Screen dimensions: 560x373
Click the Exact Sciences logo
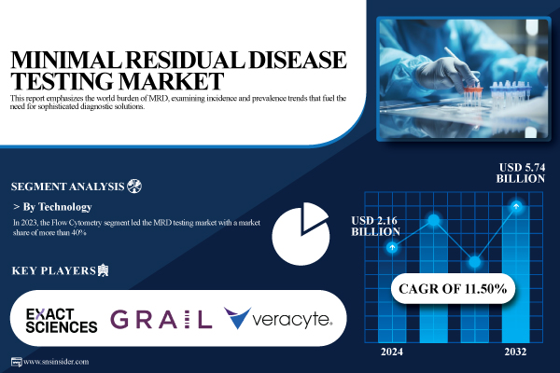[x=62, y=321]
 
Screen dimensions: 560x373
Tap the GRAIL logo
[x=161, y=319]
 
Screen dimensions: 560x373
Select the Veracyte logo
[x=278, y=318]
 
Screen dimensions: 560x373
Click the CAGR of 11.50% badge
[x=453, y=288]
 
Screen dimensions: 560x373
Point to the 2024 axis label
[x=392, y=352]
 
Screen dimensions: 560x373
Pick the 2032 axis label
[x=515, y=352]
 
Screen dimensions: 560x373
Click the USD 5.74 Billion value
[x=521, y=173]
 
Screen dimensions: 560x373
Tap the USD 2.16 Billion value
[x=375, y=226]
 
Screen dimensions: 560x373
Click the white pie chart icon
[x=301, y=234]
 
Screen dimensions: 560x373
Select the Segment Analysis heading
[x=67, y=186]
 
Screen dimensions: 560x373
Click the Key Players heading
[x=54, y=270]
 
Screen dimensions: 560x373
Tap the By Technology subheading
[x=58, y=207]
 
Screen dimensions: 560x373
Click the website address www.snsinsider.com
[x=56, y=362]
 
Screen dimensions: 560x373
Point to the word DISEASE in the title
[x=298, y=60]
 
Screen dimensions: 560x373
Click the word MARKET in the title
[x=171, y=81]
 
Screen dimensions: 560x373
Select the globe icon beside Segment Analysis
[x=134, y=186]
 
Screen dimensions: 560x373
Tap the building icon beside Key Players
[x=104, y=270]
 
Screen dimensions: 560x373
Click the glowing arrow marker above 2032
[x=516, y=206]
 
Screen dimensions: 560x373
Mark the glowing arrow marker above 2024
[x=392, y=247]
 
